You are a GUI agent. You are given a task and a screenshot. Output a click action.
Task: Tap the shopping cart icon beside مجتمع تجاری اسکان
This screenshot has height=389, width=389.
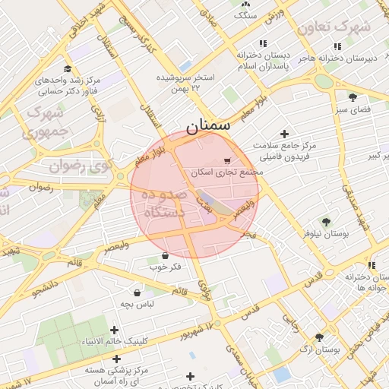pos(227,161)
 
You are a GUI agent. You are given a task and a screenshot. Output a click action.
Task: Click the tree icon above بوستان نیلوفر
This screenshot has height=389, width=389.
pos(326,222)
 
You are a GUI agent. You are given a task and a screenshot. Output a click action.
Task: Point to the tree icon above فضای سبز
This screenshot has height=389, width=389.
pos(353,97)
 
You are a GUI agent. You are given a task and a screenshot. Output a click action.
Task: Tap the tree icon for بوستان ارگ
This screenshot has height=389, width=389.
pos(319,337)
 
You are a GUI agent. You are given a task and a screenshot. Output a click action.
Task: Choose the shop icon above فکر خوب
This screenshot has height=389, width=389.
pos(165,255)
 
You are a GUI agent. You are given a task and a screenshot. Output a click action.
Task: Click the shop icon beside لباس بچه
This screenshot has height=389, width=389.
pos(138,293)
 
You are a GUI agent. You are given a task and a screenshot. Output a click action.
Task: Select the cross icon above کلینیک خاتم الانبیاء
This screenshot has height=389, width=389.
pos(115,330)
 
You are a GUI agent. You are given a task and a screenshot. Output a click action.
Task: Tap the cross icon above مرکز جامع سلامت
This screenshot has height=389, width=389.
pos(285,133)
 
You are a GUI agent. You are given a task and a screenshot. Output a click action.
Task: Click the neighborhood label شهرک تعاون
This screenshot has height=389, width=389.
pos(334,27)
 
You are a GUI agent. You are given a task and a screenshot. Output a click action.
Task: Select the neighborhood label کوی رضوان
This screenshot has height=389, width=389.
pos(81,164)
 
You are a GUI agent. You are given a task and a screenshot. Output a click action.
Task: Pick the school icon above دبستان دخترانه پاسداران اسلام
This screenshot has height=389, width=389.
pos(263,44)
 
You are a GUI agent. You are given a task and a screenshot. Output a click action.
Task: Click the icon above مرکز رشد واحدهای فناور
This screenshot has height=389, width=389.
pos(69,69)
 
